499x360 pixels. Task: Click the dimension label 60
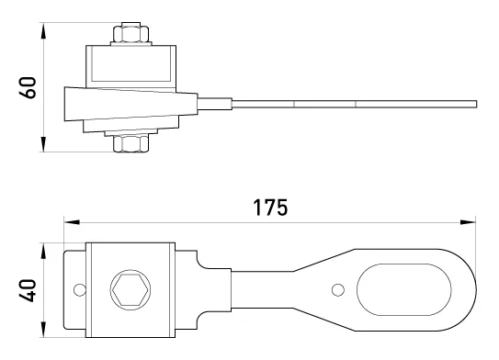click(28, 88)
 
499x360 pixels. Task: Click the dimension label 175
click(270, 208)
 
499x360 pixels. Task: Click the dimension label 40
click(28, 290)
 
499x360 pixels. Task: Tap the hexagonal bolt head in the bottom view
click(130, 289)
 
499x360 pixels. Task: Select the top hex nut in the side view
click(130, 32)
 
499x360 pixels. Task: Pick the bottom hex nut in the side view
click(130, 143)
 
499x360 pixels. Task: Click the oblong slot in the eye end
click(403, 289)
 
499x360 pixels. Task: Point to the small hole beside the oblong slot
click(337, 289)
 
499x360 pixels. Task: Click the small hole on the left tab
click(79, 289)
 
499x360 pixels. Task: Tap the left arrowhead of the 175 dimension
click(72, 222)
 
